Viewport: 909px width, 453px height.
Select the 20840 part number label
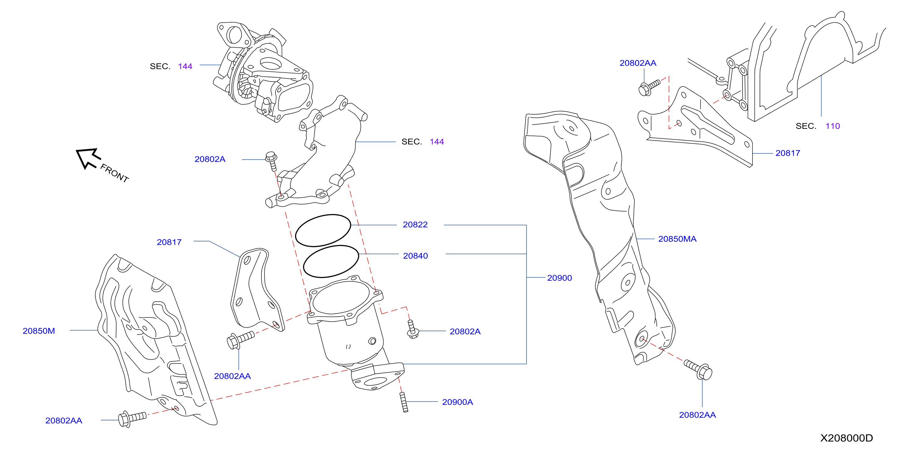415,255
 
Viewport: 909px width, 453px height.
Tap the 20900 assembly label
559,278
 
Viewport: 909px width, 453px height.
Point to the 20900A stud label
457,402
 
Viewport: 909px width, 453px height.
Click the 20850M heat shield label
39,331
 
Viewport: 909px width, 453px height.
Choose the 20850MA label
677,239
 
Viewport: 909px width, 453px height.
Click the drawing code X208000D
846,438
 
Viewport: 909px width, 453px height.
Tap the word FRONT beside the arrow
114,173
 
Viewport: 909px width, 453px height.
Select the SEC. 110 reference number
832,126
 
